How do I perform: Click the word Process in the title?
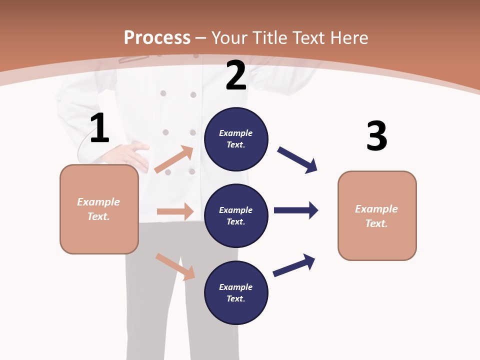[x=157, y=38]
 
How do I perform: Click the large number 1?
[x=99, y=128]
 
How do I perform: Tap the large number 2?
[x=236, y=75]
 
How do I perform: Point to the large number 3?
[x=377, y=136]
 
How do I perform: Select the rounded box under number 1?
[x=99, y=209]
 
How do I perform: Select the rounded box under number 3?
[x=377, y=215]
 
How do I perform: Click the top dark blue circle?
[x=236, y=139]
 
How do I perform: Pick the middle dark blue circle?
[x=236, y=215]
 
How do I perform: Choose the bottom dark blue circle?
[x=236, y=292]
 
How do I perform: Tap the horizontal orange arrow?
[x=175, y=211]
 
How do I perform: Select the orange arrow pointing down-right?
[x=175, y=266]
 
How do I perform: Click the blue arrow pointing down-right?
[x=297, y=159]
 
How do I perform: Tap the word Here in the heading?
[x=348, y=38]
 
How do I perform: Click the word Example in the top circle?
[x=236, y=133]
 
